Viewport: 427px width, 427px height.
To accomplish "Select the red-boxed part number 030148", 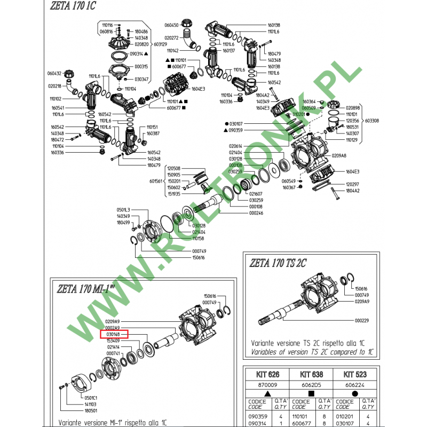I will point(112,334).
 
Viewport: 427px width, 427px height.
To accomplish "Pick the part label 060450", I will point(171,25).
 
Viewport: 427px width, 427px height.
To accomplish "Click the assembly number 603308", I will point(372,121).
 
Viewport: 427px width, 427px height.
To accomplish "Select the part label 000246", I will point(257,213).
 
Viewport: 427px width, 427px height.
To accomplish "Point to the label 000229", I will point(362,321).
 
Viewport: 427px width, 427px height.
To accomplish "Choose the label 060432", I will point(54,73).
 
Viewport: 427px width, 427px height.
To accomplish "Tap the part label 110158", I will point(199,238).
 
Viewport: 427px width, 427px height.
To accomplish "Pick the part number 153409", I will point(112,341).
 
